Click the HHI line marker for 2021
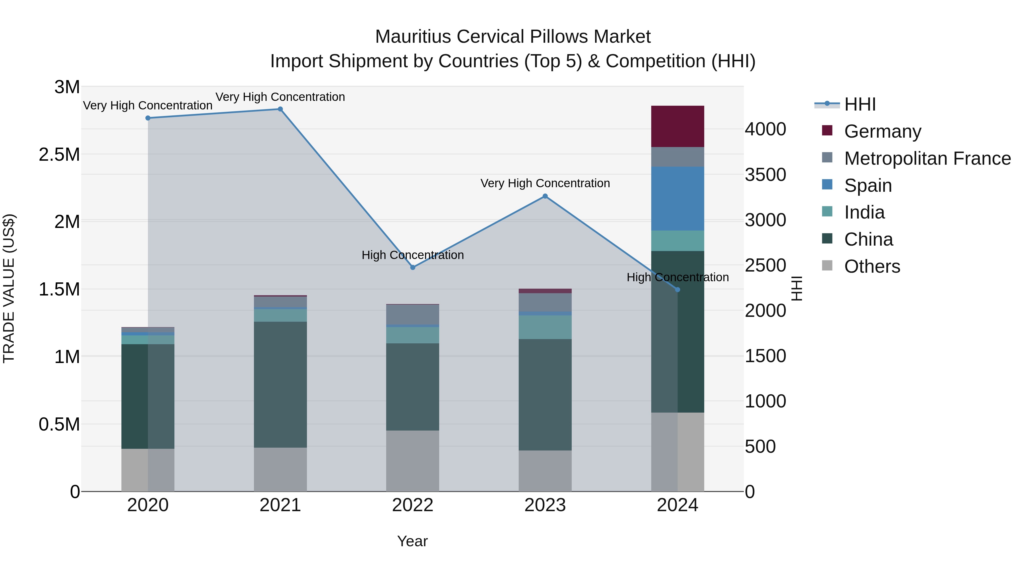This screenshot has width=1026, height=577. [x=280, y=109]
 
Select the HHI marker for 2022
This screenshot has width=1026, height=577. [x=413, y=267]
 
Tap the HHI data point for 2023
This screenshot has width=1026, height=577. [x=545, y=196]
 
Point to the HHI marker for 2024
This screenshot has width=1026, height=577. [x=677, y=289]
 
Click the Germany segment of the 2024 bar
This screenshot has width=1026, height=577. [x=677, y=126]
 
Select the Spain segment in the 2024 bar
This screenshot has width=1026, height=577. [x=677, y=198]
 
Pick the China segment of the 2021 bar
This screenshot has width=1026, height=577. [x=280, y=384]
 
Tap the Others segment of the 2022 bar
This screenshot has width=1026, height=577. [x=413, y=461]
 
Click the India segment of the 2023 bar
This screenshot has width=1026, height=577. [x=545, y=327]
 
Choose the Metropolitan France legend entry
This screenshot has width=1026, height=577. [x=927, y=158]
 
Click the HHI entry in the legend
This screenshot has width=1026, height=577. [x=860, y=104]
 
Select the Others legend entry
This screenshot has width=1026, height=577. [x=872, y=266]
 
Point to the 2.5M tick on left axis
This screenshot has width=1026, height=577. [x=59, y=154]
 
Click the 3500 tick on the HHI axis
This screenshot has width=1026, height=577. [x=765, y=175]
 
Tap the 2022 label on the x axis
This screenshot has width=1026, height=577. [x=413, y=505]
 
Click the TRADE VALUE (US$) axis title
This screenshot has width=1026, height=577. [x=9, y=288]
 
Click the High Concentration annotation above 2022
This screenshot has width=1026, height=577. [x=413, y=255]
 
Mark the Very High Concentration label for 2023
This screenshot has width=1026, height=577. [x=545, y=183]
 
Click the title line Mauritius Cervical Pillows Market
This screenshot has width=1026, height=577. [x=513, y=37]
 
